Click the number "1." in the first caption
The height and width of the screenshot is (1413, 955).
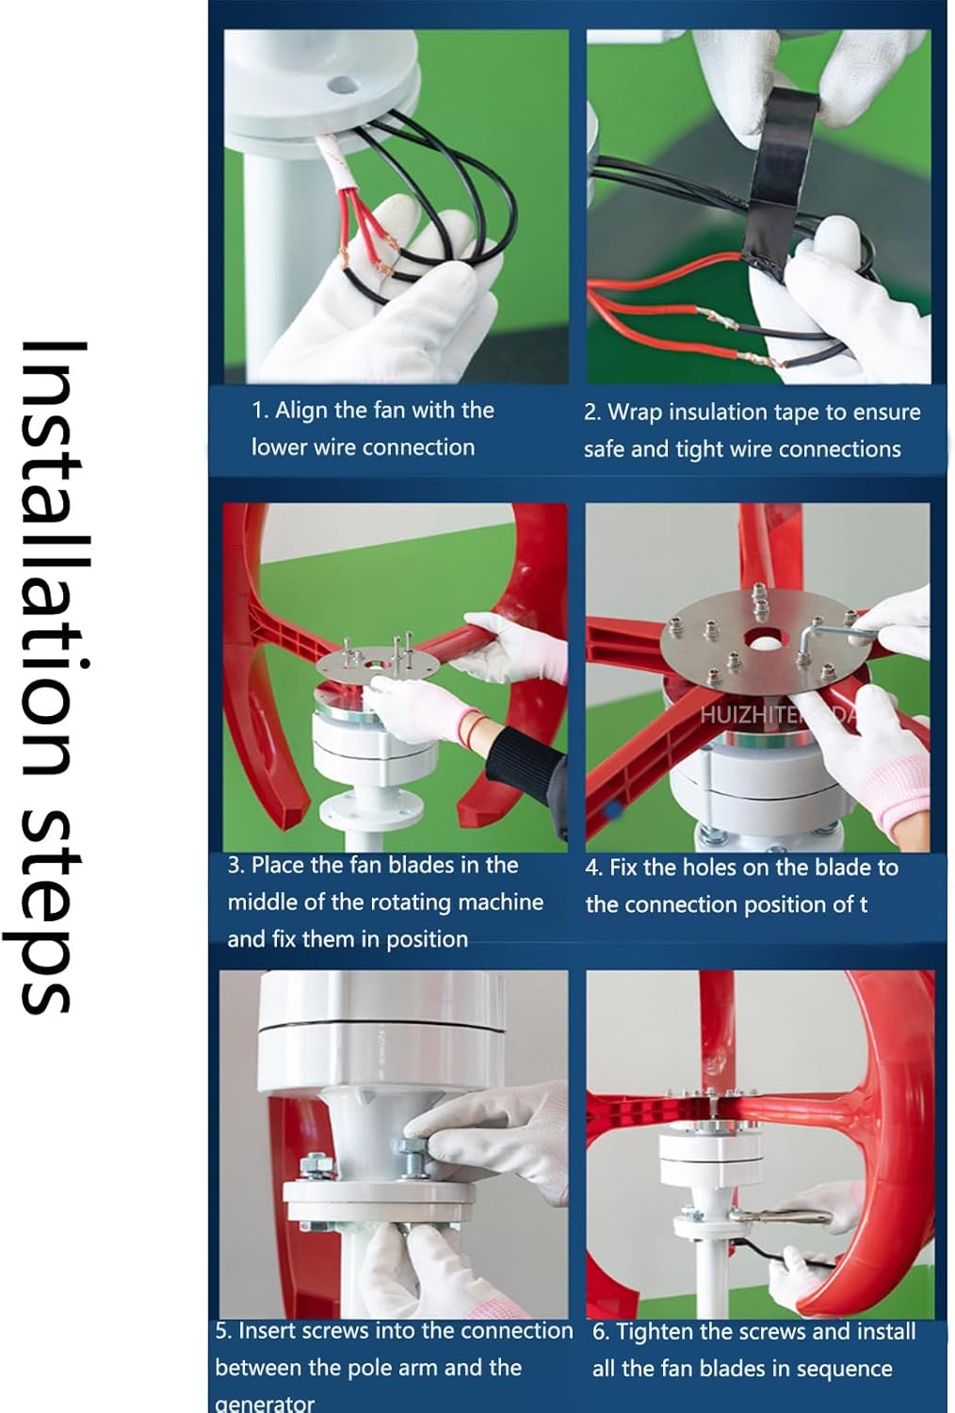coord(260,411)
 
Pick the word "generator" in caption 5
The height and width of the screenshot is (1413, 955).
coord(265,1404)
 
